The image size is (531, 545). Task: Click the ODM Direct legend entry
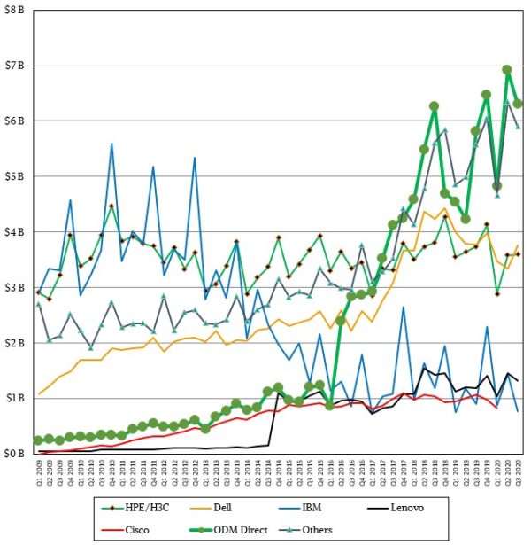point(265,528)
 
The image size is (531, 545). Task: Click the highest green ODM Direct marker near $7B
point(507,69)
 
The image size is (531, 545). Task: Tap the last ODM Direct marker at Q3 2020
point(518,104)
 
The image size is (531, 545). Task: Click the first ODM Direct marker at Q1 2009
point(38,440)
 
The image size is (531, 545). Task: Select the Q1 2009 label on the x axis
point(38,471)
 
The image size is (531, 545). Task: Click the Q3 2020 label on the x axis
point(518,471)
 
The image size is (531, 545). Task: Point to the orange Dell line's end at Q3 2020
point(518,245)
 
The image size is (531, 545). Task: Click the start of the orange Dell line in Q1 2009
point(38,393)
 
